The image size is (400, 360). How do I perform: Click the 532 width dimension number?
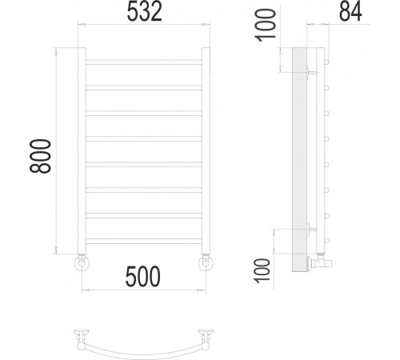(144, 14)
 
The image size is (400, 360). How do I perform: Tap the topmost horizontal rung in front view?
(143, 62)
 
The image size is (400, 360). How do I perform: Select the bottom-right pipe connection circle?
(206, 263)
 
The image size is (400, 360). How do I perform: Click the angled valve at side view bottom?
(318, 261)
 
